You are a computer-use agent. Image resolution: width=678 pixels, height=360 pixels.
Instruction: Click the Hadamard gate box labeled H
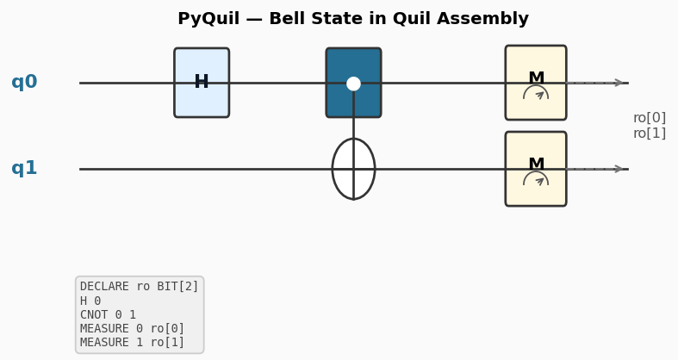pos(202,83)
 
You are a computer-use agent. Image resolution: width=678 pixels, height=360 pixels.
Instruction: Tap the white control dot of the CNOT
pos(353,84)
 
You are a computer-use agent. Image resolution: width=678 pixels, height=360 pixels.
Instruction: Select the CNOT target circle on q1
pos(353,169)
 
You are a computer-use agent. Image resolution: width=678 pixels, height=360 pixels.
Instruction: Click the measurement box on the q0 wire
pos(536,83)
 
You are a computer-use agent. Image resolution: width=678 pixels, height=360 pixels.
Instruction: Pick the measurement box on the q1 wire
pos(536,169)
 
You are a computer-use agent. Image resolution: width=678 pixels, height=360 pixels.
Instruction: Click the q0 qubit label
pos(24,83)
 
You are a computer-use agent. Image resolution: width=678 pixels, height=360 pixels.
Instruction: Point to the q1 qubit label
pos(24,169)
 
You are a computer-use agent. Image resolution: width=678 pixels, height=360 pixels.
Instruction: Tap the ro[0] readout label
pos(649,118)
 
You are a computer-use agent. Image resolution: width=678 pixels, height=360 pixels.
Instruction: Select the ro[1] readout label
pos(649,133)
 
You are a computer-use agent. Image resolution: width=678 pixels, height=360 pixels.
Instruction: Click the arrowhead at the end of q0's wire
pos(619,83)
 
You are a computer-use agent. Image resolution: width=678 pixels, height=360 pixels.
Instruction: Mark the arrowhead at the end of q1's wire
pos(619,169)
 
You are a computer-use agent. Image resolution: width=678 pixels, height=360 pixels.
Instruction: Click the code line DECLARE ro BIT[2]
pos(139,287)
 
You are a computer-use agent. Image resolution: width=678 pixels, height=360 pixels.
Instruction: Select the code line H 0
pos(90,301)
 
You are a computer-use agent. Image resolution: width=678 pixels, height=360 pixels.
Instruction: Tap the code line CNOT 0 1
pos(108,315)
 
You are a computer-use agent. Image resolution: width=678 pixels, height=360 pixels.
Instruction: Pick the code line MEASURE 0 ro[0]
pos(132,329)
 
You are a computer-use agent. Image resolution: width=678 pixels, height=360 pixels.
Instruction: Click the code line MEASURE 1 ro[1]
pos(132,343)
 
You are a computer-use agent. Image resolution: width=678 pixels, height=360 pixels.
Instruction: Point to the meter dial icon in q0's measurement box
pos(536,93)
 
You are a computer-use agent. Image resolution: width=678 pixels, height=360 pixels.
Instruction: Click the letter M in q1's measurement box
pos(536,164)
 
